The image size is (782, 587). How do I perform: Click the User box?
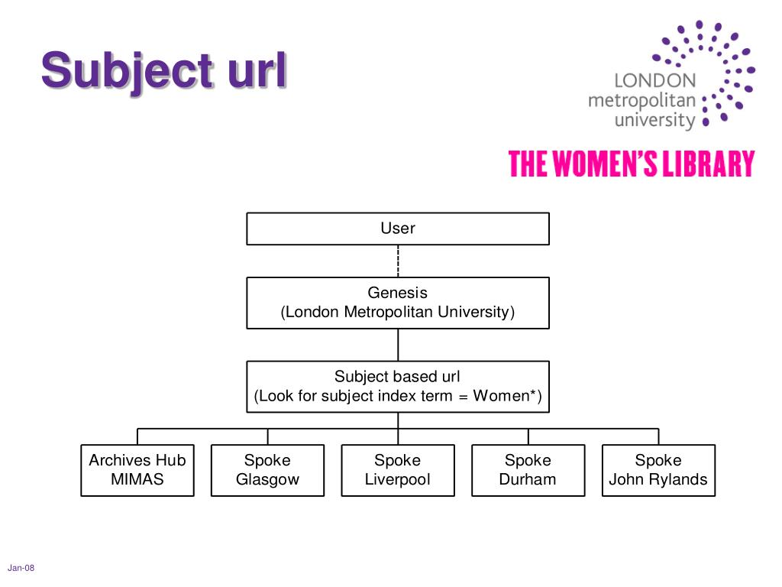(397, 229)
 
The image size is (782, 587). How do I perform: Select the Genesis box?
(397, 303)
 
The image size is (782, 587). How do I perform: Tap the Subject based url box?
(397, 387)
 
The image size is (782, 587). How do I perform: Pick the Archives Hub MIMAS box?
(137, 470)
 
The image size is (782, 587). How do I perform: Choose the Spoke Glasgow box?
(267, 470)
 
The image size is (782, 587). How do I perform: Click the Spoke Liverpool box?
(397, 470)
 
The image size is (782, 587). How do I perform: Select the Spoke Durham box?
(528, 470)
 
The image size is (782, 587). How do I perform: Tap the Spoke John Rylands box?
(658, 470)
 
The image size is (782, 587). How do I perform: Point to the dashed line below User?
(398, 261)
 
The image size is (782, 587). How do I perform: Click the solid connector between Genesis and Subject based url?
(398, 345)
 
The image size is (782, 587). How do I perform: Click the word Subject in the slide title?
(128, 71)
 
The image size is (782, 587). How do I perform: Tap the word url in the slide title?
(257, 70)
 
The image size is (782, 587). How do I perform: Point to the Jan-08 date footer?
(21, 568)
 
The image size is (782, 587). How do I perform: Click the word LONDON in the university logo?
(654, 80)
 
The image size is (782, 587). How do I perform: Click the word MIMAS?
(137, 479)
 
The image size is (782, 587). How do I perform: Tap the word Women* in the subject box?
(506, 395)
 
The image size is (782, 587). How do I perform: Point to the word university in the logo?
(654, 121)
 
